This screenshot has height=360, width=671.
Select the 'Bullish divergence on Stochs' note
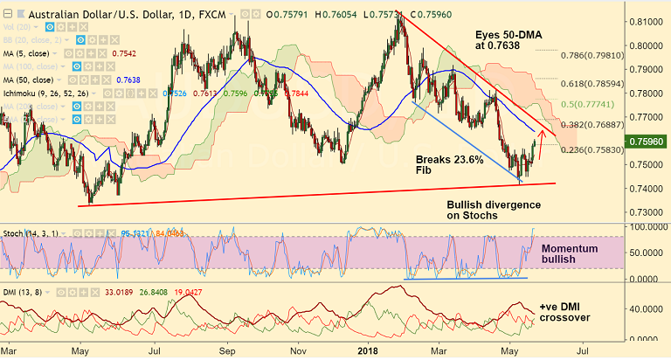[495, 210]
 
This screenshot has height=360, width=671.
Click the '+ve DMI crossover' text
[565, 312]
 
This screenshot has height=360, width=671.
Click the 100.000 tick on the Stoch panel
[645, 227]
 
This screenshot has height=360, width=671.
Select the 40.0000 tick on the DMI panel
[645, 308]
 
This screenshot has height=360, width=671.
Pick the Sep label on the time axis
[230, 350]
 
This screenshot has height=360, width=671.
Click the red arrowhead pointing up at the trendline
[542, 133]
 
